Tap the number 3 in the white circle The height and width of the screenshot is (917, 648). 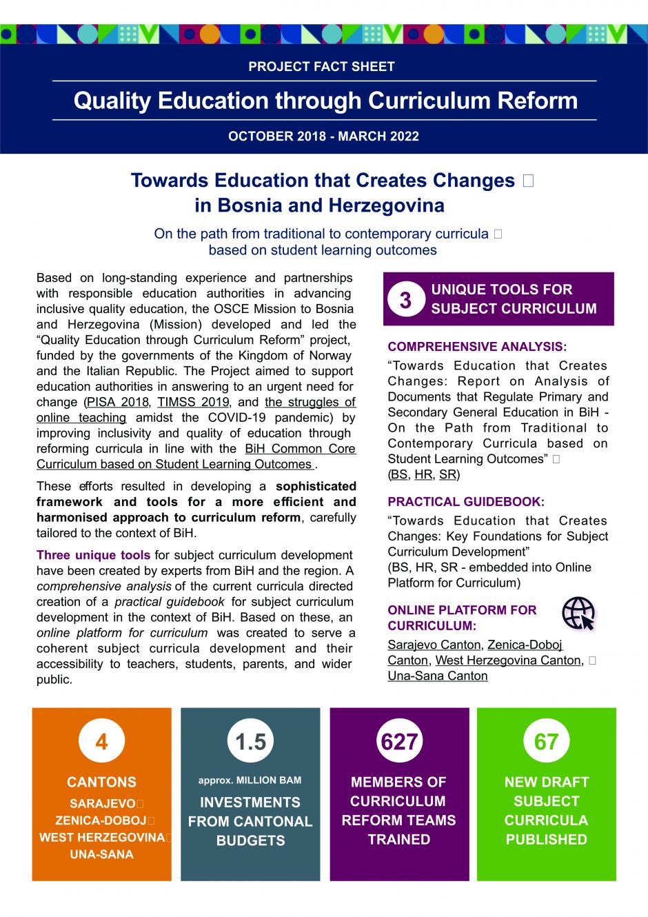point(405,300)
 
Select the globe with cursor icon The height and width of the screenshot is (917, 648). point(578,613)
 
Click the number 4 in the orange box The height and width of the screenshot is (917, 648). point(101,742)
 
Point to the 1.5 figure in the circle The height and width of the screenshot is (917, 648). point(250,742)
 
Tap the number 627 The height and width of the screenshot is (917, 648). point(399,742)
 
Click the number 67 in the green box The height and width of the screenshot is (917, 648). point(546,742)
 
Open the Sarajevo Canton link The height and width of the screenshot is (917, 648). point(434,645)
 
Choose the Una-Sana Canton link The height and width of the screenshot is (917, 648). point(437,676)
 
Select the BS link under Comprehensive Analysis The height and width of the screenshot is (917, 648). point(398,475)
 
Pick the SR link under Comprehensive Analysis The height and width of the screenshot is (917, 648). point(447,475)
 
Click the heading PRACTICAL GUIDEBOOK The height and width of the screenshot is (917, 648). point(466,502)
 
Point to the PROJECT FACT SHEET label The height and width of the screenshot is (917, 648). point(321,67)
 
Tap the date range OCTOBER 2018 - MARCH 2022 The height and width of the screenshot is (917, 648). point(323,136)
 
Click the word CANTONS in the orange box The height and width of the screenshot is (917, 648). point(101,783)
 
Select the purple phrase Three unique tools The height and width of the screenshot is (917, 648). point(93,555)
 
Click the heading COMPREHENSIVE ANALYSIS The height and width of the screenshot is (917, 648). point(477,347)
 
